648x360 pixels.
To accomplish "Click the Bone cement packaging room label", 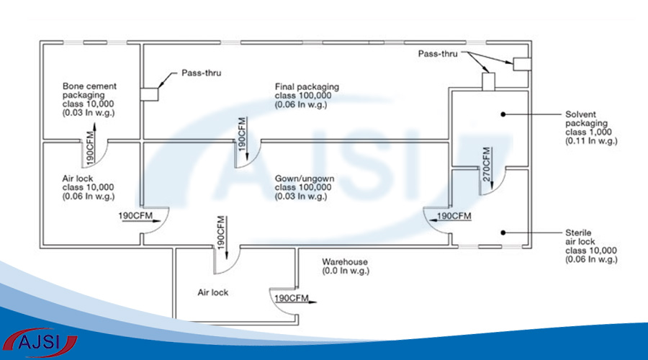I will click(x=89, y=99).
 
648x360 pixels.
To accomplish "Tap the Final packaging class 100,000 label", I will click(x=307, y=95).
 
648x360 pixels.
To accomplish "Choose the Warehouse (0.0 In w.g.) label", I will click(x=346, y=266).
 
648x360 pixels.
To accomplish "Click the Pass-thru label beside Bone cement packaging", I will click(x=202, y=73).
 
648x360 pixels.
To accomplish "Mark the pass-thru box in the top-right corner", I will click(x=521, y=63).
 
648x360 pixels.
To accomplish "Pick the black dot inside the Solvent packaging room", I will click(x=503, y=114).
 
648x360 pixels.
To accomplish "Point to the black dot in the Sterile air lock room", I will click(x=503, y=232).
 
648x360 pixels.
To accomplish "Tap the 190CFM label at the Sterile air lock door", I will click(x=454, y=216).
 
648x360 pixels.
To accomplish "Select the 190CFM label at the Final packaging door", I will click(x=242, y=133).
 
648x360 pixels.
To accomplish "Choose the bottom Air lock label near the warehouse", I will click(x=213, y=293).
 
